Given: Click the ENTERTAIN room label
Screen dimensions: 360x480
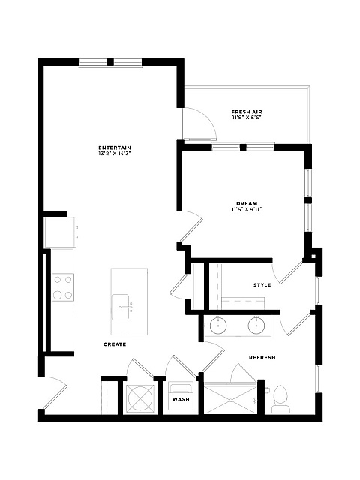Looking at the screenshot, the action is pos(115,148).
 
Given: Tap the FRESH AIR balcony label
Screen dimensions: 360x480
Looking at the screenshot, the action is pos(247,112).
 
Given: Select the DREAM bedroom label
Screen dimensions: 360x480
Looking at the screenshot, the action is pos(247,203).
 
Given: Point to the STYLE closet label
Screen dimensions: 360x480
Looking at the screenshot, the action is pos(262,285).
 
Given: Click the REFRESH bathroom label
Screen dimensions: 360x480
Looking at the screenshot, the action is pos(262,357).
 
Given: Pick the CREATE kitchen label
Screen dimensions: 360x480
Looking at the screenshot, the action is pos(115,344).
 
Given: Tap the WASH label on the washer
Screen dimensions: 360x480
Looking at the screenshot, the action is pos(181,399).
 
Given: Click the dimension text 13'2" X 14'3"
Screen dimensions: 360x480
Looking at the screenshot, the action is pos(115,154).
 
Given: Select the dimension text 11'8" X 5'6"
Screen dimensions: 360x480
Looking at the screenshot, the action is pos(247,117).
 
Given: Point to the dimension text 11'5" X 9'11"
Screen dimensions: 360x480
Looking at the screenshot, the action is pos(247,209).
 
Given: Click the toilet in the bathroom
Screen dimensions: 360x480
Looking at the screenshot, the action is pos(280,399).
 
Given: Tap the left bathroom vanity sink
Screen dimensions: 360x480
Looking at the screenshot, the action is pos(218,325).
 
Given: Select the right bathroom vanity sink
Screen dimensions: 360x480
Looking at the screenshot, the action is pos(256,325).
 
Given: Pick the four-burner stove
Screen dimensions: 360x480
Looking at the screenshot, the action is pos(62,287).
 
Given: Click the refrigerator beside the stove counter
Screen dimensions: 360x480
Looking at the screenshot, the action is pos(60,232).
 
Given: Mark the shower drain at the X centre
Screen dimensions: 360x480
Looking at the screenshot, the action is pos(231,400).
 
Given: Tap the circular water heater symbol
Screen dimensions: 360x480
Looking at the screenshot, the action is pos(140,398).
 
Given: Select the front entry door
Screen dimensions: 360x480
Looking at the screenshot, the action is pos(55,393).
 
